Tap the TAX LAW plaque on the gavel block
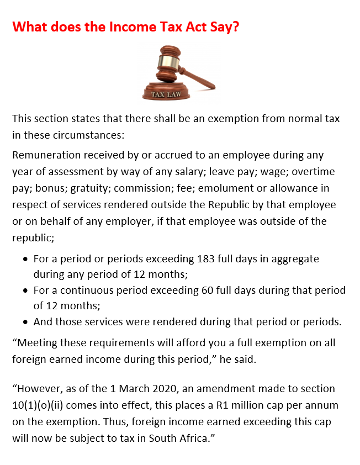tap(166, 94)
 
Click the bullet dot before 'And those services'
tap(25, 322)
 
